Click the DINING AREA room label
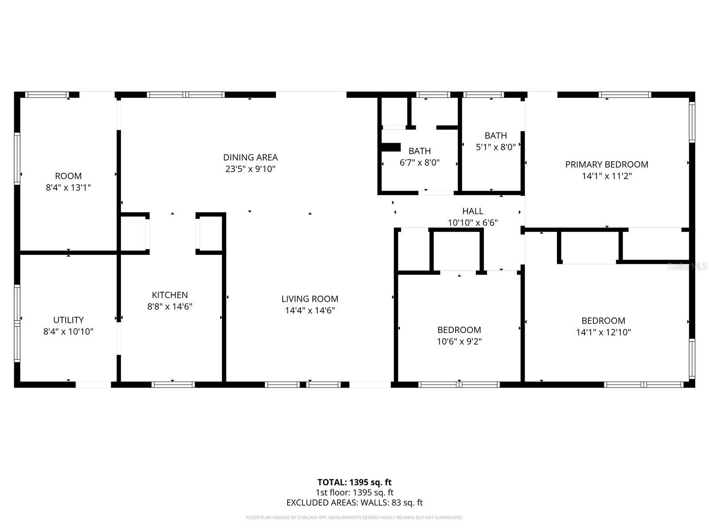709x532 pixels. tap(250, 157)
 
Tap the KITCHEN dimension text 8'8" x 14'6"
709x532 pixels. tap(170, 306)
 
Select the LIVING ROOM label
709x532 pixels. tap(310, 299)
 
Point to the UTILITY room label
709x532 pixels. tap(68, 320)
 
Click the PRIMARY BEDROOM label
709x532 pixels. tap(607, 164)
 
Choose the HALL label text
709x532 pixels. tap(473, 211)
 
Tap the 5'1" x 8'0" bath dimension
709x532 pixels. tap(495, 147)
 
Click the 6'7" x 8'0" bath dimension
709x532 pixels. tap(420, 163)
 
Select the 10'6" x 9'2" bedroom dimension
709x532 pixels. tap(459, 341)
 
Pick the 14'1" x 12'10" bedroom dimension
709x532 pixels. tap(604, 332)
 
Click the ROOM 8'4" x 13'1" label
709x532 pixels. tap(68, 176)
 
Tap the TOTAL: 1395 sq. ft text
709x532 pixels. tap(354, 482)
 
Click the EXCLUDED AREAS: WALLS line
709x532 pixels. tap(354, 503)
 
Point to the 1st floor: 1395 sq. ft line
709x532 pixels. tap(354, 493)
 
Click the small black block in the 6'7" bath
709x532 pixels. tap(391, 147)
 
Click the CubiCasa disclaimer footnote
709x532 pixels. tap(354, 517)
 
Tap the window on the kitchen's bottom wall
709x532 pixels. tap(173, 384)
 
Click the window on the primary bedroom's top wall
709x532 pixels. tap(625, 94)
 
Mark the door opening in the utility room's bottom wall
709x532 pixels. tap(93, 384)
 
